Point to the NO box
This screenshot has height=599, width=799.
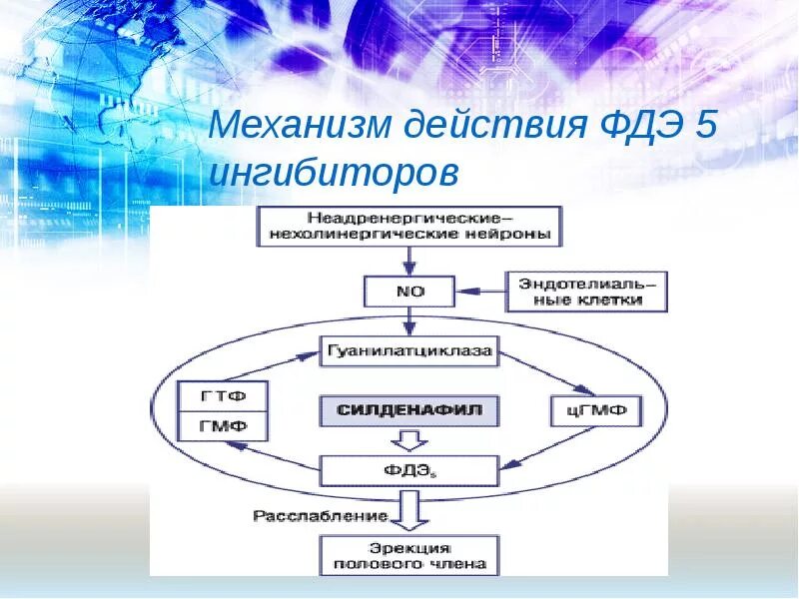(408, 293)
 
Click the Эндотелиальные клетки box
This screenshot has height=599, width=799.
(587, 292)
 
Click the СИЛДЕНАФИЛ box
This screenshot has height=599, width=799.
(408, 410)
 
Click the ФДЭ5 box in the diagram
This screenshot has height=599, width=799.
(408, 469)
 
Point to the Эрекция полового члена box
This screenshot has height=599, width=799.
(408, 556)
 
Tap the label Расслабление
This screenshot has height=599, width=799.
(320, 516)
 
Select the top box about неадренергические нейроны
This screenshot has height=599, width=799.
(408, 227)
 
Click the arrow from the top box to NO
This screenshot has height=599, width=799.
(408, 261)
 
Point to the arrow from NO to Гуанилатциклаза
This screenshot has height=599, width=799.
(408, 321)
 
